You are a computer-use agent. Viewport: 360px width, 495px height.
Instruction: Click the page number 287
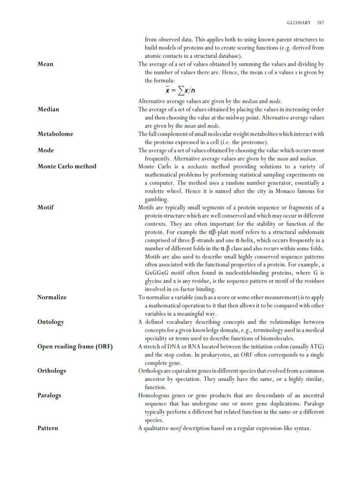320,22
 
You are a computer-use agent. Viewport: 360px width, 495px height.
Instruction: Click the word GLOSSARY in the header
299,22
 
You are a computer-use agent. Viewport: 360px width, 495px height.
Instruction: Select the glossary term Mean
45,64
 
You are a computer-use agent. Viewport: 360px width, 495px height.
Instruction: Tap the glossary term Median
48,109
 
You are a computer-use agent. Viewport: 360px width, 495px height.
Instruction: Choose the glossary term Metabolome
55,134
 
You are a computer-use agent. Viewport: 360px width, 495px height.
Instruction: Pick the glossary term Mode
46,150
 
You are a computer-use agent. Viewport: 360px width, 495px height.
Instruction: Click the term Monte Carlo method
67,167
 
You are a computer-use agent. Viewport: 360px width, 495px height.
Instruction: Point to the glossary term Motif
46,208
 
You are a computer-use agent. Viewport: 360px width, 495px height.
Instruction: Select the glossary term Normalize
52,298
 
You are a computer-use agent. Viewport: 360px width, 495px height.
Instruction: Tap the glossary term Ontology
51,322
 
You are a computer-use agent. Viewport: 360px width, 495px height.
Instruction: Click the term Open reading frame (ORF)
75,347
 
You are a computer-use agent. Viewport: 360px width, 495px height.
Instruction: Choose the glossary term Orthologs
52,371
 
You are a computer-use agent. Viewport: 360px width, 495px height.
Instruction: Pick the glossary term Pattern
48,428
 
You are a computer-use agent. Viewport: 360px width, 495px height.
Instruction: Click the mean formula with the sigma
180,90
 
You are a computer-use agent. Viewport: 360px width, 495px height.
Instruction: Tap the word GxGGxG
155,273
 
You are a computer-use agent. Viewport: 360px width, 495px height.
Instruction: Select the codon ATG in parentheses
315,346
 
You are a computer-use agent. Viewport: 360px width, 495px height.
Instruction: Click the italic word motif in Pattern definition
176,428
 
